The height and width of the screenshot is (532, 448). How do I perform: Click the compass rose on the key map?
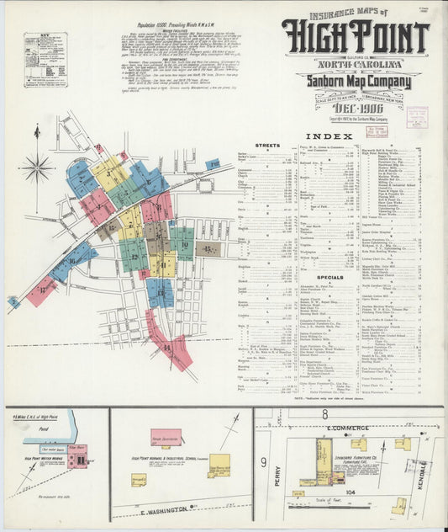[36, 168]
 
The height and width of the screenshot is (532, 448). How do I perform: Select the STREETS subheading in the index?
[266, 146]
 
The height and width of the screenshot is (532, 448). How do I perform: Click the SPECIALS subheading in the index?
[266, 276]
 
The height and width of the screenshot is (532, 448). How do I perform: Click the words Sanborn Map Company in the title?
[353, 81]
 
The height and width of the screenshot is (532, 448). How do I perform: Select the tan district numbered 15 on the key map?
[208, 249]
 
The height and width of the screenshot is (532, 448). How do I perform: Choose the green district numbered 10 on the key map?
[184, 245]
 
